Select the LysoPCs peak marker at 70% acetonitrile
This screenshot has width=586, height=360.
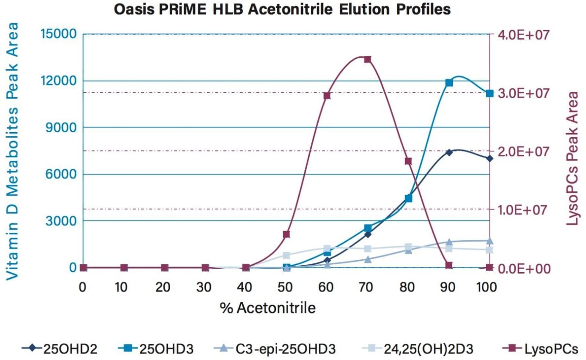(368, 60)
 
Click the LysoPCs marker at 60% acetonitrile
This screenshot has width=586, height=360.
(327, 96)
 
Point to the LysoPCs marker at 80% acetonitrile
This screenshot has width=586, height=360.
(408, 161)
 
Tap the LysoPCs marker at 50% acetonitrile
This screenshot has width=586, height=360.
(286, 234)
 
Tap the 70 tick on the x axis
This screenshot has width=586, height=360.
(368, 287)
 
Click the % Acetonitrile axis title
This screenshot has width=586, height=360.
(268, 308)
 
